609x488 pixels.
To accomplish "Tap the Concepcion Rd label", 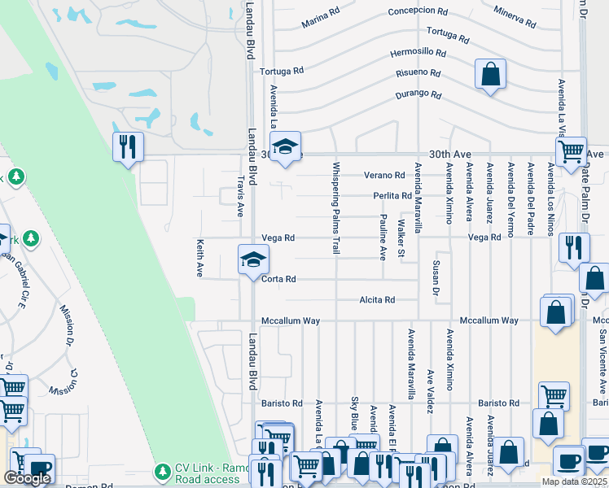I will (418, 12).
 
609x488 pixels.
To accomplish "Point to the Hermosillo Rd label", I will (418, 53).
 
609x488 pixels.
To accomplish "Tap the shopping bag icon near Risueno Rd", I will (491, 75).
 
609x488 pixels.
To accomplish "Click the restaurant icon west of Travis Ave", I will (128, 146).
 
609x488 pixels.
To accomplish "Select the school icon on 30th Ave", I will (285, 146).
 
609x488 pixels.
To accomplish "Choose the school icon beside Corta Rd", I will (252, 259).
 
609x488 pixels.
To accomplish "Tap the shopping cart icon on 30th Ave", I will (571, 150).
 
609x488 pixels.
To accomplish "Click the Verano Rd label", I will (384, 175).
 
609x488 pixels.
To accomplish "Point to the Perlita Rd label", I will (392, 196).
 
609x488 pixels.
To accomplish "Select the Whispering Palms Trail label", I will (335, 208).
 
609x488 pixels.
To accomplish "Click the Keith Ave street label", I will (199, 258).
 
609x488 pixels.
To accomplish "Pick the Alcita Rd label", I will (377, 300).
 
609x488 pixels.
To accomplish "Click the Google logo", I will (26, 478).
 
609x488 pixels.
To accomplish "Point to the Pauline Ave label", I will (383, 237).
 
